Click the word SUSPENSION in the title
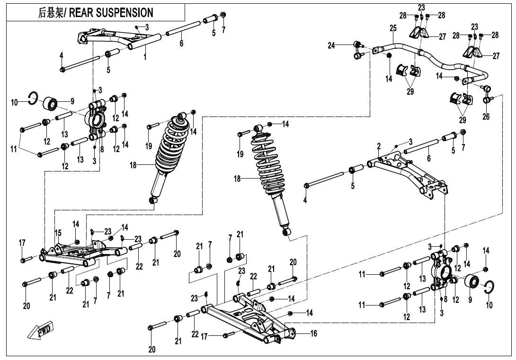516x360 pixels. click(126, 12)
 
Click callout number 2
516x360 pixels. click(379, 145)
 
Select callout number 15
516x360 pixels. click(58, 233)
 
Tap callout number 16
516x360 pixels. click(313, 333)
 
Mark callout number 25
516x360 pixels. click(393, 28)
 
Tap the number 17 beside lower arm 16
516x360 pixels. click(205, 337)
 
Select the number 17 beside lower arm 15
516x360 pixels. click(22, 243)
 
